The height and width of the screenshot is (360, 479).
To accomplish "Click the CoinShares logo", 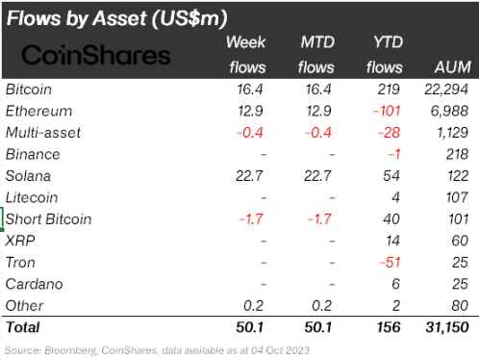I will point(96,54).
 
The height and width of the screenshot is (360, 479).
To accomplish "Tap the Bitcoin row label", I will point(30,90).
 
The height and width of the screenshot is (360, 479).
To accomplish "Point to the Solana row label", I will point(29,176).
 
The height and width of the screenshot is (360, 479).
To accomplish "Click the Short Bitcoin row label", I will point(49,219).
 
